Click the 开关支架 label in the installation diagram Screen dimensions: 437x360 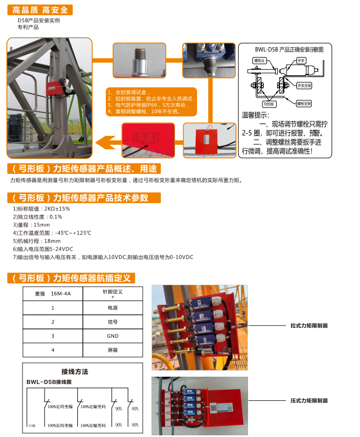tap(305, 86)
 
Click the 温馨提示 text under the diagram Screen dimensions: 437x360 tap(255, 115)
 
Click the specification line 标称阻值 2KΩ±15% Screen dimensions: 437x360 tap(41, 208)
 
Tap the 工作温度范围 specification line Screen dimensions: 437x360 tap(52, 233)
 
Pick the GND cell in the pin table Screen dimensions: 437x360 tap(113, 336)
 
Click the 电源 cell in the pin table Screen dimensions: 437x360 tap(113, 308)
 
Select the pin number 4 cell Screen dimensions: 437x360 tap(53, 349)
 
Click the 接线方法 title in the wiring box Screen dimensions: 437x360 tap(75, 371)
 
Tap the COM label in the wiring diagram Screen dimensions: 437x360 tap(31, 425)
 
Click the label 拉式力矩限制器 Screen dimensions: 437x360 tap(309, 325)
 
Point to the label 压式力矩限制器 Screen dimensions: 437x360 tap(309, 401)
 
